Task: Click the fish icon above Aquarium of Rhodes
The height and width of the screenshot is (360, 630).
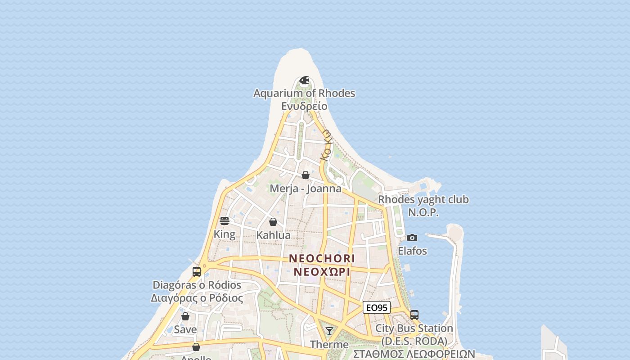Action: [305, 81]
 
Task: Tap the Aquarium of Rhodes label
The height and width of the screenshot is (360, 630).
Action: [304, 93]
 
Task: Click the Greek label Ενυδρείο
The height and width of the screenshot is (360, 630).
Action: [304, 106]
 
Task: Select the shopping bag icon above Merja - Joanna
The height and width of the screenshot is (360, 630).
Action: [306, 175]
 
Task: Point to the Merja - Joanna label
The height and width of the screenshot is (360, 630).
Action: [305, 189]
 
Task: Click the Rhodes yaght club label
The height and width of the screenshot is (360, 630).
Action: [423, 199]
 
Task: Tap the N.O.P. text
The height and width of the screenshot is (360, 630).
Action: [423, 212]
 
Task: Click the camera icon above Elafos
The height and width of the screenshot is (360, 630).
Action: [412, 238]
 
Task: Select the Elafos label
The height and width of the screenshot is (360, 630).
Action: [412, 251]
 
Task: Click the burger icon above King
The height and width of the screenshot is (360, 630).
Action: [225, 221]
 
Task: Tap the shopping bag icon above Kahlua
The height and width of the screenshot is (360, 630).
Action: [273, 222]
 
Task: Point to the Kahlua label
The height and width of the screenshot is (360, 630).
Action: [273, 235]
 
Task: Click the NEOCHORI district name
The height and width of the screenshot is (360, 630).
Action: [322, 259]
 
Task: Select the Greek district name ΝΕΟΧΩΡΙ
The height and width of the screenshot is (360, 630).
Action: [322, 272]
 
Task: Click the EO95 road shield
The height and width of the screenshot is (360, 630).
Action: [376, 308]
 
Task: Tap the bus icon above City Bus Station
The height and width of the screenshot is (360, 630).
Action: [414, 315]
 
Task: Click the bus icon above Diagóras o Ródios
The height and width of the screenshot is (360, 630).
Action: [197, 272]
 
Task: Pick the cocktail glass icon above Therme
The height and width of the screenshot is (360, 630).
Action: [329, 331]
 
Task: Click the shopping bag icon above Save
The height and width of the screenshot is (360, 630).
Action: [185, 316]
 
